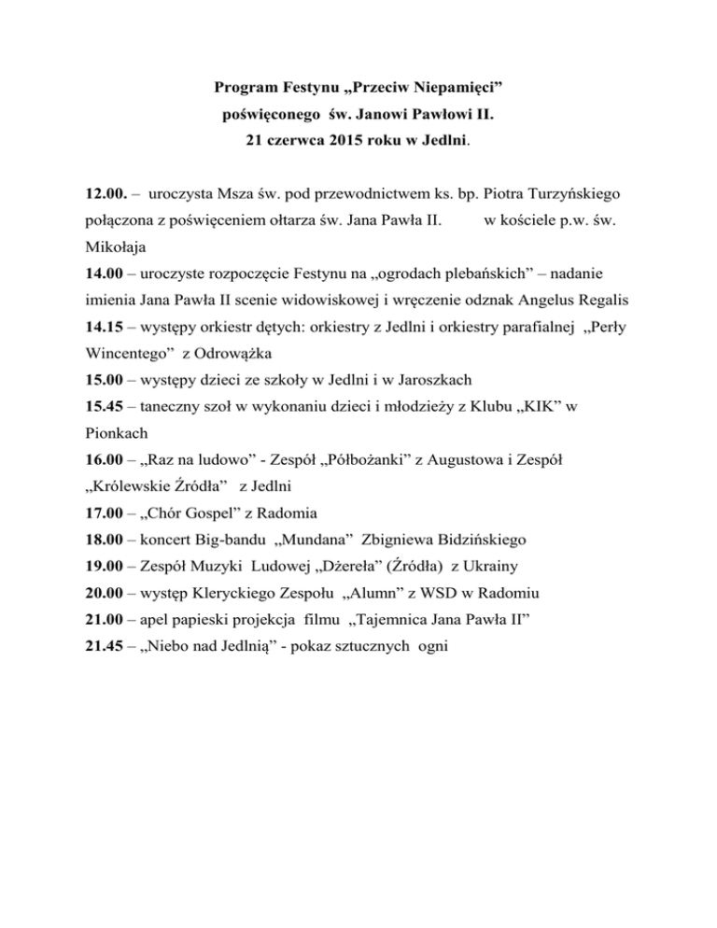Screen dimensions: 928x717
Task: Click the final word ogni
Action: pyautogui.click(x=430, y=645)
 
